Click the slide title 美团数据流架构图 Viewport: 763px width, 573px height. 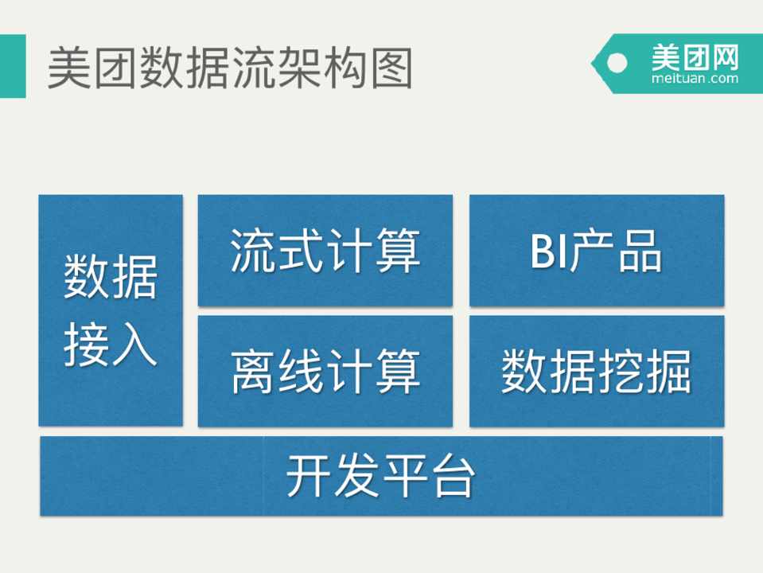[x=230, y=68]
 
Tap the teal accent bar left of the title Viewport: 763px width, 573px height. [x=13, y=66]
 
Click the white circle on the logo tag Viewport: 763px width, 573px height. [x=617, y=62]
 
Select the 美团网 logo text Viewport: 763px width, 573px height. [x=695, y=57]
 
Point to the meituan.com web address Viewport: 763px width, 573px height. [x=695, y=78]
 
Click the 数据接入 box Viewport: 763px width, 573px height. [x=111, y=310]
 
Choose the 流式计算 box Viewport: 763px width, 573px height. [x=325, y=251]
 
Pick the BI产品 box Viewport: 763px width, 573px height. [x=597, y=251]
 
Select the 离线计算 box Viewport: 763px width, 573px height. [x=325, y=371]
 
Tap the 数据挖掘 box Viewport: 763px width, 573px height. [x=597, y=371]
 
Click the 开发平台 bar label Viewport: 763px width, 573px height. [x=380, y=476]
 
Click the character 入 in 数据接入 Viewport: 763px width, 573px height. [x=134, y=345]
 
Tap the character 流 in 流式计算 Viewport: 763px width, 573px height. [x=253, y=251]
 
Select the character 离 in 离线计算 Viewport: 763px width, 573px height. [x=253, y=372]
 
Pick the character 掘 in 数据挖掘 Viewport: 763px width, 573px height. [x=668, y=372]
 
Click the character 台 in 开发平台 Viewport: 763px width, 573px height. [x=453, y=476]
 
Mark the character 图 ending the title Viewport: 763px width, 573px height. [x=391, y=68]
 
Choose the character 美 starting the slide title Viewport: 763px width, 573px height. [x=68, y=68]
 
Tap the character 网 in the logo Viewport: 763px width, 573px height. [x=725, y=57]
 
